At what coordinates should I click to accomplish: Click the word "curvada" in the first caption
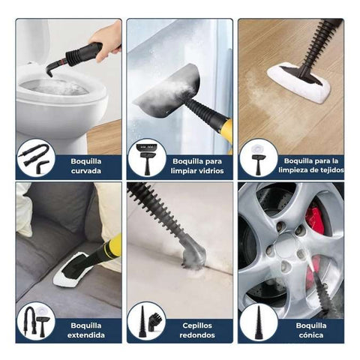tap(85, 171)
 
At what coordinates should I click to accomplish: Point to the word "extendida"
tap(85, 335)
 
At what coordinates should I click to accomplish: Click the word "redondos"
tap(197, 335)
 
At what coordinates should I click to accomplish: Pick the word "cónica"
tap(311, 335)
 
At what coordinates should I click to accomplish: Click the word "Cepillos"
tap(197, 325)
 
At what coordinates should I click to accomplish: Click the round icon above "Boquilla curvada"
tap(36, 158)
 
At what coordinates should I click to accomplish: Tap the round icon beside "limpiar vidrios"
tap(147, 158)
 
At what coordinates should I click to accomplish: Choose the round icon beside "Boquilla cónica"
tap(258, 322)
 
